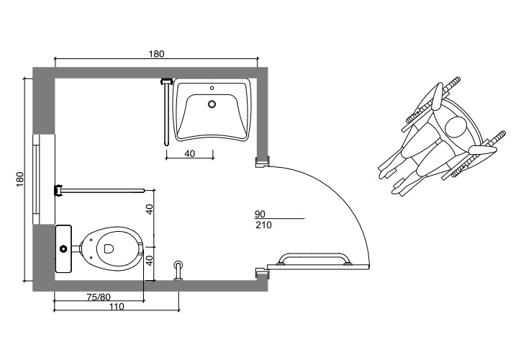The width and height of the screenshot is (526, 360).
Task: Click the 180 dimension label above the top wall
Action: [157, 54]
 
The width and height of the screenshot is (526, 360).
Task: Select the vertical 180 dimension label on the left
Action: [20, 179]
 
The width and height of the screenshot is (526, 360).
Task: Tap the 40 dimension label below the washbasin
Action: [189, 153]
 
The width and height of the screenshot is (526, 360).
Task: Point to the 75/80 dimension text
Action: [99, 297]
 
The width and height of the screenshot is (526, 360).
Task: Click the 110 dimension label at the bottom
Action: [117, 306]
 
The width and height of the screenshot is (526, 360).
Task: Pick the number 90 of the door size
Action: [260, 214]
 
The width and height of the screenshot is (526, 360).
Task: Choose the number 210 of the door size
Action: [263, 225]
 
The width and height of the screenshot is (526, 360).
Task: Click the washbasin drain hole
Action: [212, 104]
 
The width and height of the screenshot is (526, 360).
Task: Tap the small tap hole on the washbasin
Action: [212, 89]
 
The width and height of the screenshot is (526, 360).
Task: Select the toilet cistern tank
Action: [63, 248]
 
